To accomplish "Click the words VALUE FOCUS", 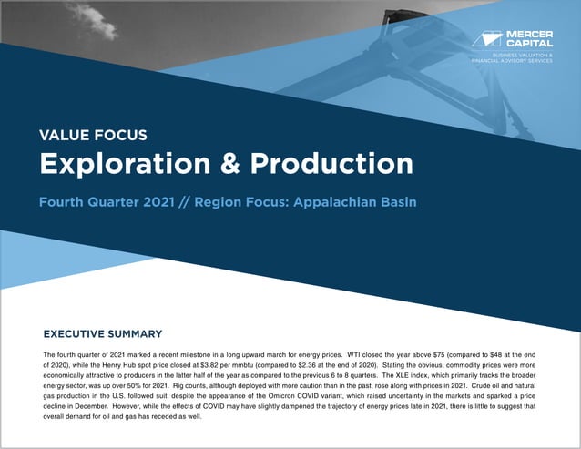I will pos(93,136).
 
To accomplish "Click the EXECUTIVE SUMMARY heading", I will pos(103,334).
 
